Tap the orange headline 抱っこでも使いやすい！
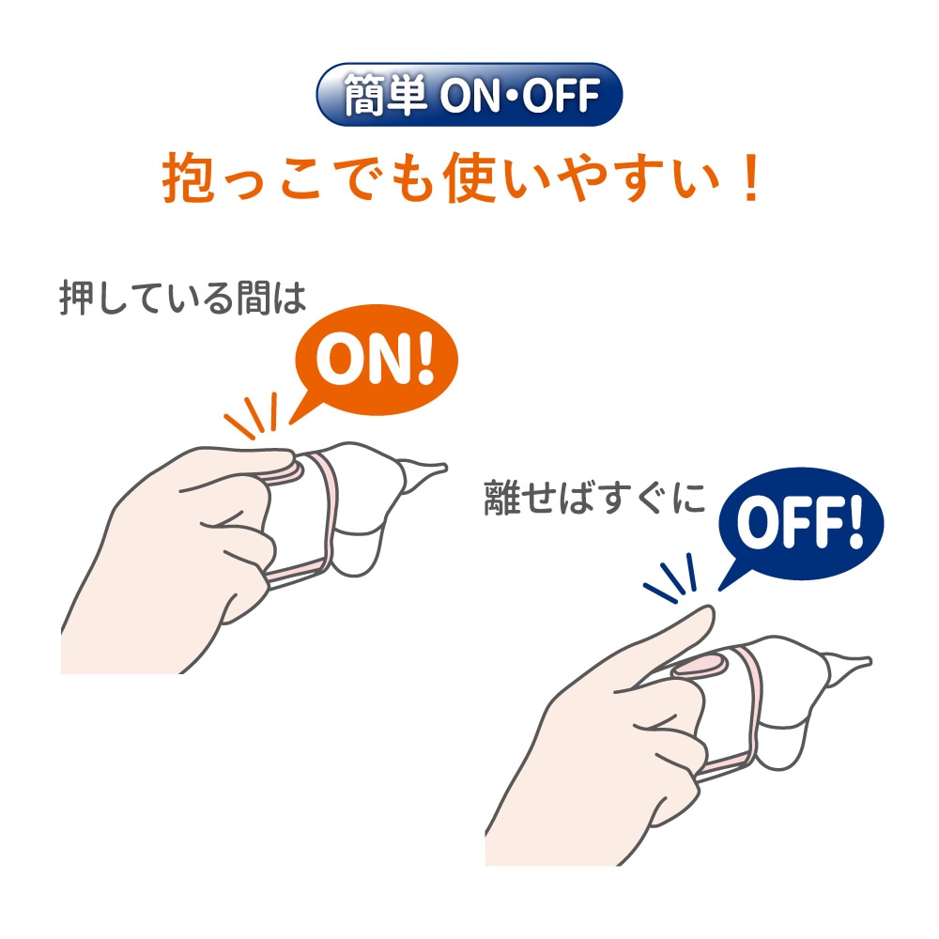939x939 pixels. pos(460,180)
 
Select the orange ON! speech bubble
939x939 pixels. pos(375,367)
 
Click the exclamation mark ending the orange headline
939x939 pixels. pos(748,180)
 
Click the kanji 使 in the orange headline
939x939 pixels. pos(480,180)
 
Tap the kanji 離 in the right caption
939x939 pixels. pos(500,498)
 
